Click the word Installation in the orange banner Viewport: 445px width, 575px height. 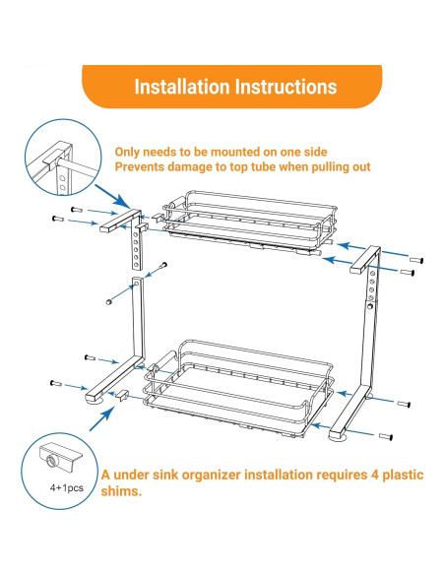182,87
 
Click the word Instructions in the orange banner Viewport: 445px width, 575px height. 286,87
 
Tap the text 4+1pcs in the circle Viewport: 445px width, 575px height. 67,488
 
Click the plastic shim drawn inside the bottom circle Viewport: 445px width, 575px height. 60,458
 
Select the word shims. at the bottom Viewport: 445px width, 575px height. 121,491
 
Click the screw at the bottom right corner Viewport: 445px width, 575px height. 386,437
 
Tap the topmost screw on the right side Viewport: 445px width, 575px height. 416,260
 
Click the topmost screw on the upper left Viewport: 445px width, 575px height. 77,210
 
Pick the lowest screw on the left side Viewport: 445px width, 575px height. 56,384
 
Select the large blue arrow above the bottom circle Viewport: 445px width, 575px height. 101,419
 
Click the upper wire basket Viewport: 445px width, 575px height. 249,222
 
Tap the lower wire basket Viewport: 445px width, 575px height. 239,389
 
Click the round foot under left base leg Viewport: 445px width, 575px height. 95,402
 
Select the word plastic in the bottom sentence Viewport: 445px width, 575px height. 403,475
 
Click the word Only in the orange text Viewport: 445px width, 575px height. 127,153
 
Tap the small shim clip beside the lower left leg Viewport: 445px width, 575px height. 122,396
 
